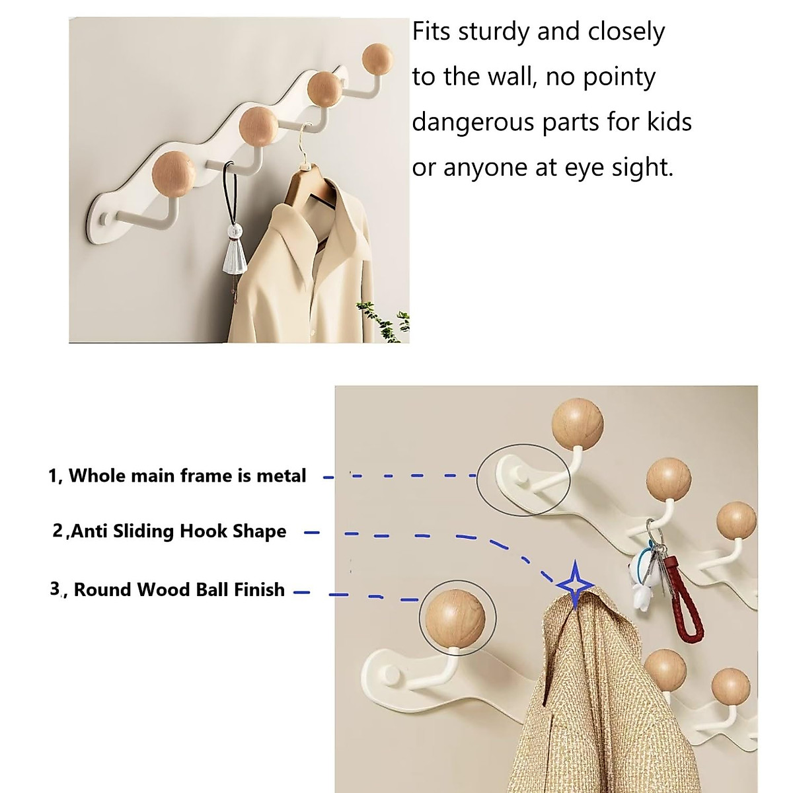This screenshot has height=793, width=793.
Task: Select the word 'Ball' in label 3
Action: click(217, 589)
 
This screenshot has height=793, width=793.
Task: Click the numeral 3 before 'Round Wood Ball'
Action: click(55, 589)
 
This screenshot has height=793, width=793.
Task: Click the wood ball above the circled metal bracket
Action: click(577, 423)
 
